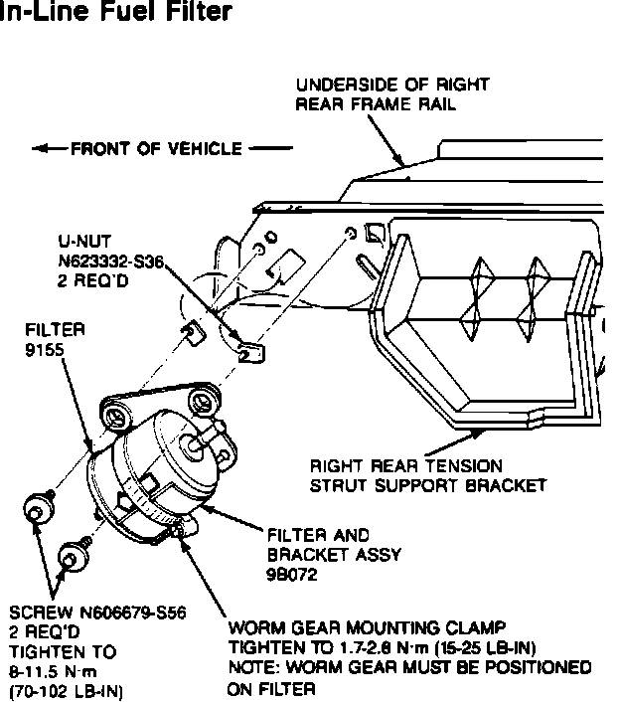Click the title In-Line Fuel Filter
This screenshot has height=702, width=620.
117,13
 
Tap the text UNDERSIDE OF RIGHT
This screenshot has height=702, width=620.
391,86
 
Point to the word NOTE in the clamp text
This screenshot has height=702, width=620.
251,667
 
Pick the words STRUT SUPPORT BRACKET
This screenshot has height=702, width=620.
428,486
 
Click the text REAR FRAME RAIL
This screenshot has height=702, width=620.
377,104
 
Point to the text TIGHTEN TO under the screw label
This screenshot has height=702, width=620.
61,651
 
